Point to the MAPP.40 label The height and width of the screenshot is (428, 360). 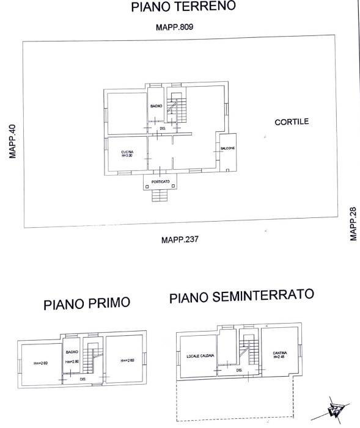(12, 142)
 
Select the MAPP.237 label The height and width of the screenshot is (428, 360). (179, 240)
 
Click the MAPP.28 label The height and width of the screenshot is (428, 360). (353, 223)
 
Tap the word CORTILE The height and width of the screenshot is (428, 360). (292, 122)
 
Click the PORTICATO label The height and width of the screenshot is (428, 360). (161, 182)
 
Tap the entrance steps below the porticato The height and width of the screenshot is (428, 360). (161, 196)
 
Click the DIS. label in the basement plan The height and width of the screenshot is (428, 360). (240, 370)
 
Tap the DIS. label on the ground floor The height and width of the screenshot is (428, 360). (163, 129)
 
